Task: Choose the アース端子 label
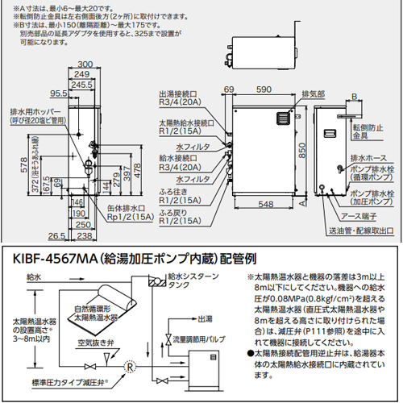tap(359, 215)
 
